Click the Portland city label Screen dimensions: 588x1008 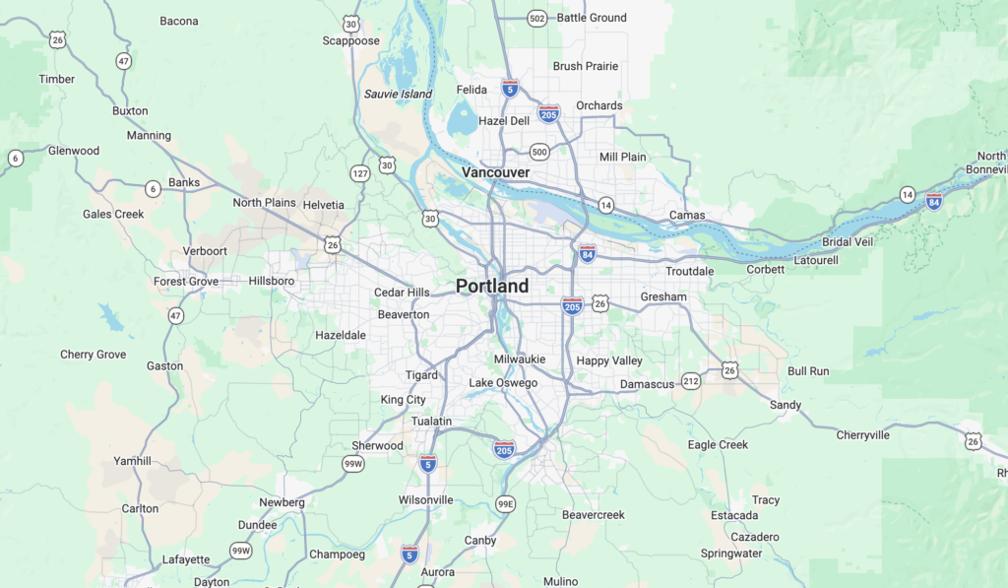tap(492, 286)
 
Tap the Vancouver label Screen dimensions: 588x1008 tap(496, 172)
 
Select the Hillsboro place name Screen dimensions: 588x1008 tap(271, 281)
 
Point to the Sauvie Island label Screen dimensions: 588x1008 tap(398, 94)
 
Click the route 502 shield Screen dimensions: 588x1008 tap(536, 19)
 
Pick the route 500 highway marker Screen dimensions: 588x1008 tap(538, 152)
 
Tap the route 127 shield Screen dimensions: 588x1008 tap(360, 173)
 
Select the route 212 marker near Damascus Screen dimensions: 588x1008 tap(691, 381)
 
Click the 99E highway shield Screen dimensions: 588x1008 tap(505, 503)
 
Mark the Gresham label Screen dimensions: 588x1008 tap(663, 296)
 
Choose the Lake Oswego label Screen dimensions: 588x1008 tap(503, 382)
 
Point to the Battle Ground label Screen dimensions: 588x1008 tap(592, 18)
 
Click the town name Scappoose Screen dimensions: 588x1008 tap(351, 41)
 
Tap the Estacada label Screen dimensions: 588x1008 tap(734, 515)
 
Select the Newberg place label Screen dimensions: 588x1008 tap(282, 502)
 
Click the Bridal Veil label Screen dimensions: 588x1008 tap(848, 242)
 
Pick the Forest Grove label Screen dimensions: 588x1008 tap(186, 281)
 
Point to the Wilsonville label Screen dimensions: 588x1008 tap(426, 499)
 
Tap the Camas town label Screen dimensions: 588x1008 tap(687, 215)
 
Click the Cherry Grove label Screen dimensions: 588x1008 tap(94, 355)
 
